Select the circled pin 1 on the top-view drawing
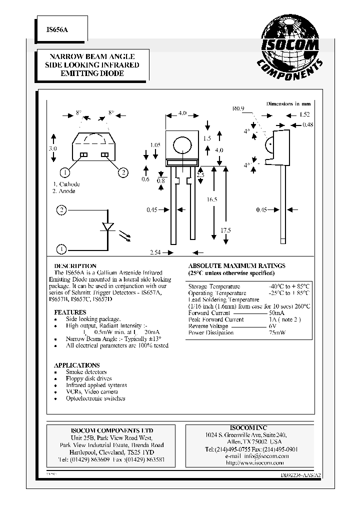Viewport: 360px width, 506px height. pyautogui.click(x=64, y=173)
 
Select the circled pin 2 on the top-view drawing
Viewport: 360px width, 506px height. pyautogui.click(x=122, y=173)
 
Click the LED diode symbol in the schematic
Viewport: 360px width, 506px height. pyautogui.click(x=108, y=227)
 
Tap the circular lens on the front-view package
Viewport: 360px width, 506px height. pyautogui.click(x=181, y=145)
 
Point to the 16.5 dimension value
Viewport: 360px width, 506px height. pyautogui.click(x=211, y=199)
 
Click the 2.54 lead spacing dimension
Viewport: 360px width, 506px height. pyautogui.click(x=156, y=253)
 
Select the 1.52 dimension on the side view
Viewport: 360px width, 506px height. pyautogui.click(x=304, y=114)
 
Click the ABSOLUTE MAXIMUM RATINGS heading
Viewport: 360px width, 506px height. pyautogui.click(x=236, y=266)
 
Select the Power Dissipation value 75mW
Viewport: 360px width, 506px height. pyautogui.click(x=277, y=332)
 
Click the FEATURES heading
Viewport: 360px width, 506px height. pyautogui.click(x=70, y=312)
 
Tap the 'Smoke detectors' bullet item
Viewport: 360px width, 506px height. pyautogui.click(x=86, y=372)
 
